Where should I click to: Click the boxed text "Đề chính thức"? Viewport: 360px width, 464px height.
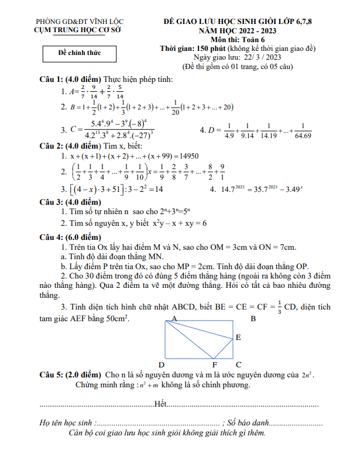tap(80, 53)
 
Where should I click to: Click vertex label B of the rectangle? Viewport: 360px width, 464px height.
tap(253, 319)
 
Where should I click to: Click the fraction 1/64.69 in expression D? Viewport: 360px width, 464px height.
tap(303, 131)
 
